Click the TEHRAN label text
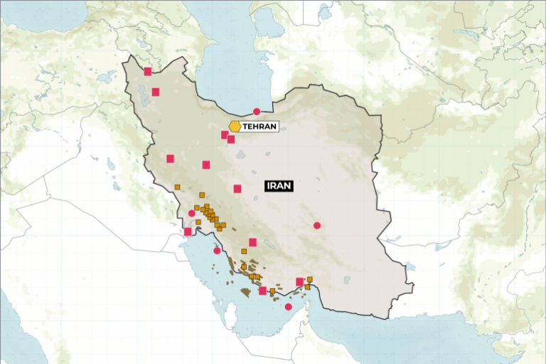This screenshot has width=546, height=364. [x=259, y=126]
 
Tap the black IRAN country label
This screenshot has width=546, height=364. [x=279, y=186]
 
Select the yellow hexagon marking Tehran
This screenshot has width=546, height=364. [x=235, y=126]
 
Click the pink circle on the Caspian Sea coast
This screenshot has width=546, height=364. [x=257, y=112]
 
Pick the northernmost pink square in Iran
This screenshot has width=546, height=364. [x=148, y=71]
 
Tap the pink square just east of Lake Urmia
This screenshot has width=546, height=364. [x=156, y=91]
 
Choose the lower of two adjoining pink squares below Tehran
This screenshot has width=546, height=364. [x=231, y=139]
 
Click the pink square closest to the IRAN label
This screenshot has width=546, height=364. [x=237, y=188]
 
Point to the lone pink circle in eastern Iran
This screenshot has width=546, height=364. [x=317, y=225]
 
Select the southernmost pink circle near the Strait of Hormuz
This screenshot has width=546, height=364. [x=288, y=307]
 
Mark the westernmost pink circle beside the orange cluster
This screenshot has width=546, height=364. [x=191, y=213]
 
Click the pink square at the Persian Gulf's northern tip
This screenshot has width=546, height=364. [x=188, y=231]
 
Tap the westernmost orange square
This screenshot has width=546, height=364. [x=177, y=187]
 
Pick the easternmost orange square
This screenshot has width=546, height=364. [x=310, y=279]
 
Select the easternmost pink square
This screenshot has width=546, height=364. [x=299, y=282]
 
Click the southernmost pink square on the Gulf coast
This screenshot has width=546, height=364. [x=262, y=290]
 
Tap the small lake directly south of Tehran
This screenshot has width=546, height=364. [x=241, y=154]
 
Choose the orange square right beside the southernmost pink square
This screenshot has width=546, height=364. [x=272, y=290]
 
